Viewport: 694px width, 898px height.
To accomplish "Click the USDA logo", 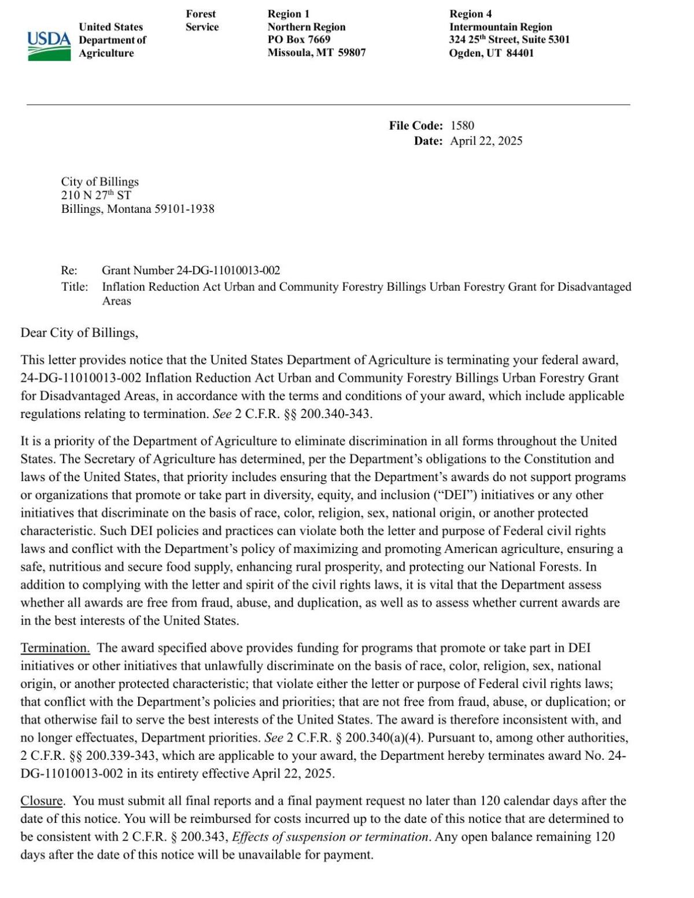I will tap(49, 45).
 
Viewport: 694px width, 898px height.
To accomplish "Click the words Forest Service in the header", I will tap(202, 20).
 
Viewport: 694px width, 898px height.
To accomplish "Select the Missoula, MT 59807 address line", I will tap(316, 53).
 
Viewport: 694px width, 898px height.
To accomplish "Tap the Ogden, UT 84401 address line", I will tap(491, 53).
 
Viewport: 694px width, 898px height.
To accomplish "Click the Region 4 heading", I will tap(470, 14).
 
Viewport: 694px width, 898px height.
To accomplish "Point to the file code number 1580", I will tap(462, 125).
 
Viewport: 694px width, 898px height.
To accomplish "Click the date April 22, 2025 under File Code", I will tap(486, 141).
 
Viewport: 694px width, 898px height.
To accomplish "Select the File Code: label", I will tap(416, 125).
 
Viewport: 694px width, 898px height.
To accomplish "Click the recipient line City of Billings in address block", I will tap(100, 182).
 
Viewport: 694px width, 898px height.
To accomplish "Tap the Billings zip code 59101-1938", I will tap(184, 209).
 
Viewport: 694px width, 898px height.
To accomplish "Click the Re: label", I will tap(69, 270).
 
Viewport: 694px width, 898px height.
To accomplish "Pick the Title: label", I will tap(75, 287).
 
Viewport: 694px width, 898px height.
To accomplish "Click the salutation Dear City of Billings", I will tap(79, 332).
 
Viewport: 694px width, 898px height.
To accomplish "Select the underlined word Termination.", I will tap(55, 648).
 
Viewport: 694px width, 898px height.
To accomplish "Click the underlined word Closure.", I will tap(43, 801).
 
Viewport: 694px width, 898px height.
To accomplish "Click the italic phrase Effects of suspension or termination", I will tap(331, 837).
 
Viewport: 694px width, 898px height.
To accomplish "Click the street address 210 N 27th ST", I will tap(96, 195).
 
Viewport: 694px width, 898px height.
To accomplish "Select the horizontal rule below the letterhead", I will tap(328, 105).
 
